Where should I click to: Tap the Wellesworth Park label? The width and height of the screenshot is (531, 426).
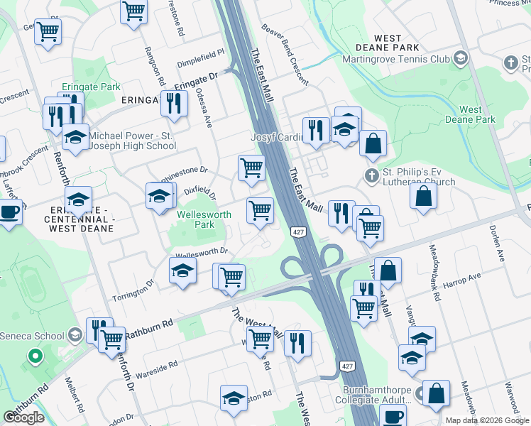coord(195,219)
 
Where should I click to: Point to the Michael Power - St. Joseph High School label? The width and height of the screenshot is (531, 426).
coord(132,140)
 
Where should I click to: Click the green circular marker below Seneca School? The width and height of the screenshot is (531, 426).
coord(33,356)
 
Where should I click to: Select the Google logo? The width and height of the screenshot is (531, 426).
coord(23,417)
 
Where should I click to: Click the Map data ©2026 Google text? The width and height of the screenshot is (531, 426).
coord(487,420)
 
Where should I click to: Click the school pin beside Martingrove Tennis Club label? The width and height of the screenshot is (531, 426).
coord(459,59)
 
